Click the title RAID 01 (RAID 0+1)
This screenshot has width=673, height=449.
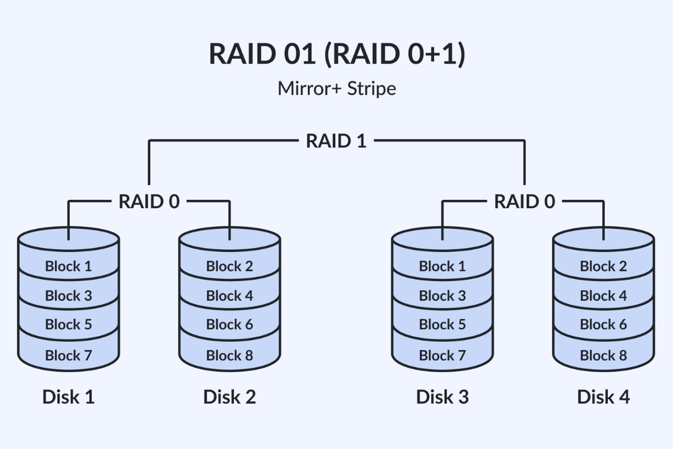click(336, 55)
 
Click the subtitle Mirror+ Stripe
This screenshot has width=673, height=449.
click(336, 88)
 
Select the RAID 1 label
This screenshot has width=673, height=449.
click(336, 141)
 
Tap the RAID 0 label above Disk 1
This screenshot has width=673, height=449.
click(149, 201)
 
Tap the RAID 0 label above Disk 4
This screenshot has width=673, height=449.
click(524, 201)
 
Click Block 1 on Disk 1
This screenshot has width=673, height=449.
click(68, 266)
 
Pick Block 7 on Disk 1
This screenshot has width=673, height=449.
click(68, 355)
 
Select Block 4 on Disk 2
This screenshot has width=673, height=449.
click(229, 295)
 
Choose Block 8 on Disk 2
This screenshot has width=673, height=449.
click(229, 355)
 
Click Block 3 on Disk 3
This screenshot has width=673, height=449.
click(442, 295)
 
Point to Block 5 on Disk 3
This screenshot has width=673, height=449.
click(442, 324)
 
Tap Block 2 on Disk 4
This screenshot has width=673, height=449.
click(603, 266)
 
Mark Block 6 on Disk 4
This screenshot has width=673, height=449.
click(603, 324)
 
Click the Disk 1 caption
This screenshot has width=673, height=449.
click(68, 397)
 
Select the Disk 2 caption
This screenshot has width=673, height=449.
click(229, 397)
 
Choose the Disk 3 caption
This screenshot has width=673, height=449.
click(442, 397)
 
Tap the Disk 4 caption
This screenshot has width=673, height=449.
click(603, 397)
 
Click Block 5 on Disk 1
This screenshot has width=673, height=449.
click(68, 324)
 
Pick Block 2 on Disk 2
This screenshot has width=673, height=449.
click(229, 266)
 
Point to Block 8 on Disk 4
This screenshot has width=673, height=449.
click(603, 355)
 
